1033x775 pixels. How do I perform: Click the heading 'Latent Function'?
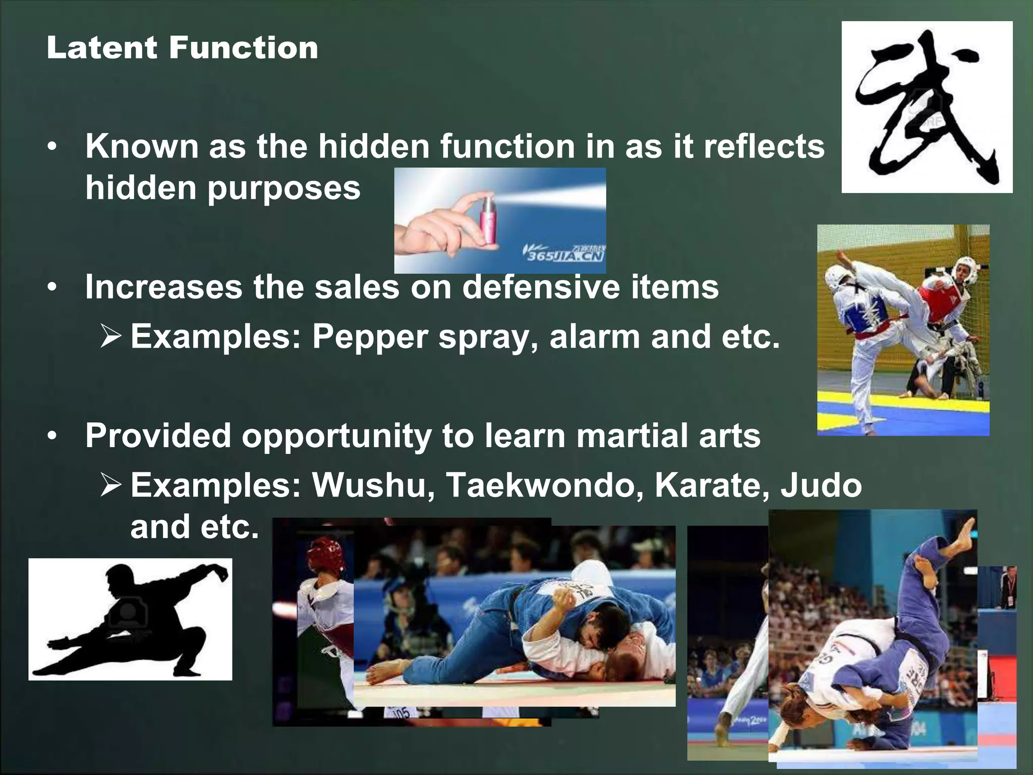182,48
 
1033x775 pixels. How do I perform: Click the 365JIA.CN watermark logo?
565,255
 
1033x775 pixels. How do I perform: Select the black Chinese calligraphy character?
927,108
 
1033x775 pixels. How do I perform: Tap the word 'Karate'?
712,485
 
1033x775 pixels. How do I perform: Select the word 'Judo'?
821,485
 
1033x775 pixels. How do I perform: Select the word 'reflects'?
764,146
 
